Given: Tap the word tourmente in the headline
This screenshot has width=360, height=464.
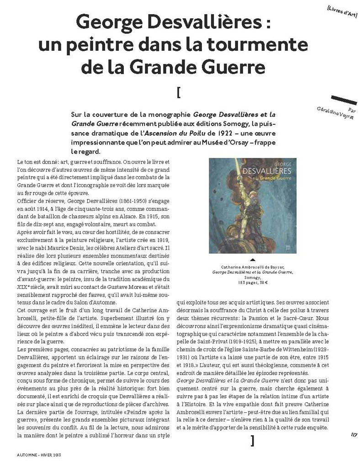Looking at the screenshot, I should pos(262,45).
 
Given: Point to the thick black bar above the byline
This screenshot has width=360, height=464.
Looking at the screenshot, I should pos(344,99).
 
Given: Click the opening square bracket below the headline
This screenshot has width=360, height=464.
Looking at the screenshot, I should pos(178,92).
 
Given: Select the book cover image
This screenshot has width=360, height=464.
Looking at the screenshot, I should pos(252,205).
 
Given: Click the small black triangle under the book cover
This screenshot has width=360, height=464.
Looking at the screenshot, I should pos(253,259).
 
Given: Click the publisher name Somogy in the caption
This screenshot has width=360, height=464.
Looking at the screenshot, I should pos(252,277).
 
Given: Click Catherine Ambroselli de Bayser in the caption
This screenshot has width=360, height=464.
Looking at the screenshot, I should pos(253,267).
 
